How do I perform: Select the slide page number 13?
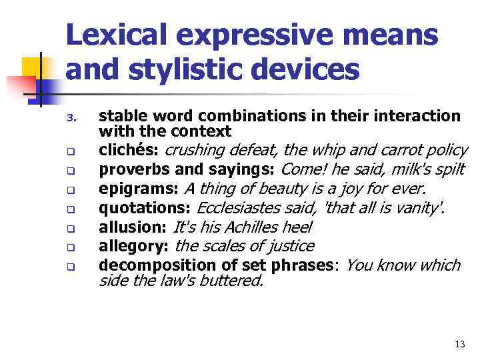(x=459, y=344)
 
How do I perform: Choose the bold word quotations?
(x=145, y=207)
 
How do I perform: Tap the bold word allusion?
(x=133, y=227)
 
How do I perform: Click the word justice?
(x=286, y=246)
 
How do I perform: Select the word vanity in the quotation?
(x=417, y=207)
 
